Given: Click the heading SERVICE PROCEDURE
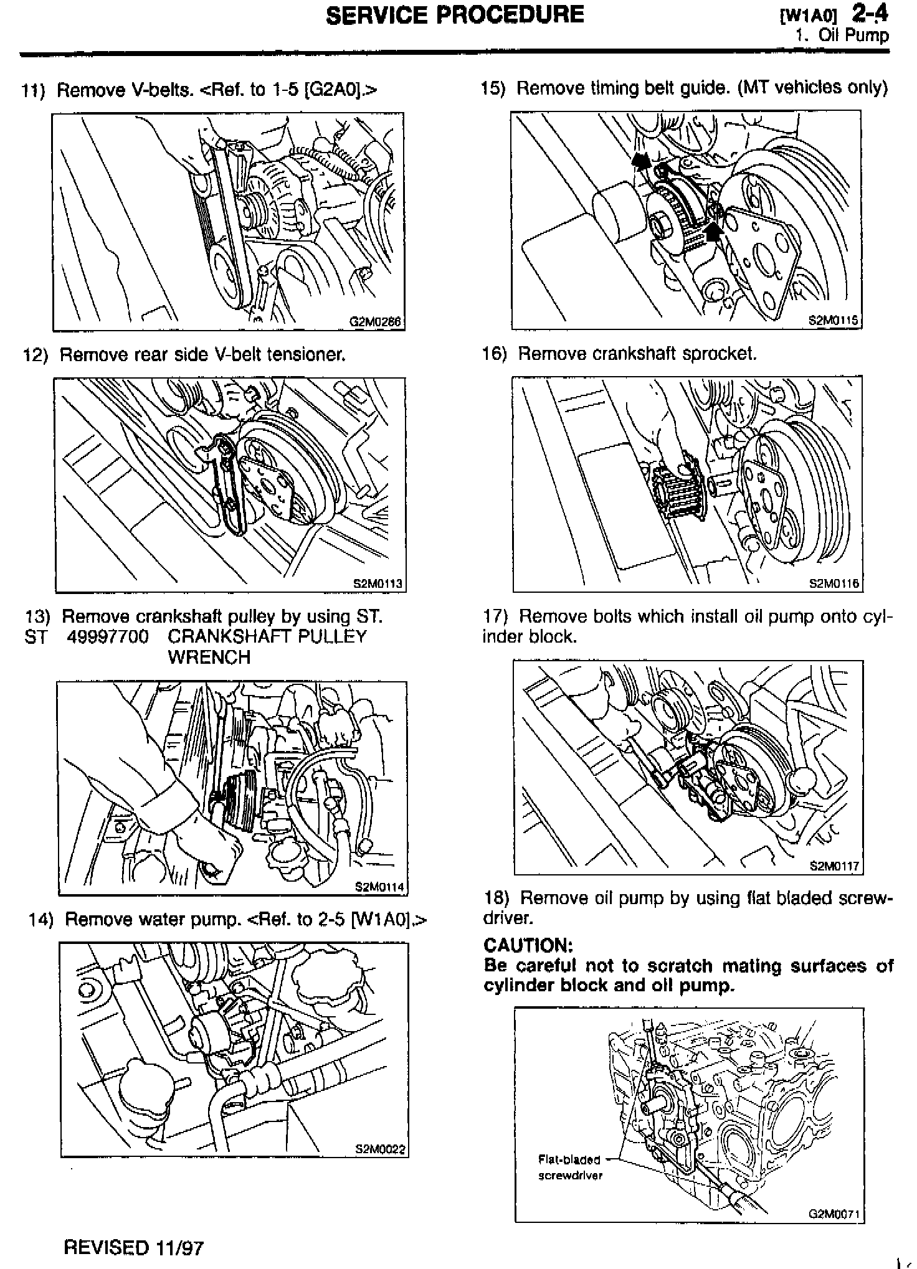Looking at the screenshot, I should (455, 14).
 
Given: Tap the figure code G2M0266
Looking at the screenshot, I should (375, 323).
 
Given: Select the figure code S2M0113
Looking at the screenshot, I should (378, 584).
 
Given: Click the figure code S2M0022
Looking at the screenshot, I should (380, 1149).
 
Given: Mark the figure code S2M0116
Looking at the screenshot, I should (835, 583).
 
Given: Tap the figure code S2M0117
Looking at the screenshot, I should (835, 866).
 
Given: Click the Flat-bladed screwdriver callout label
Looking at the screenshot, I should (569, 1168).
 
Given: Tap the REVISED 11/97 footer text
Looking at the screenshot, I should (134, 1247).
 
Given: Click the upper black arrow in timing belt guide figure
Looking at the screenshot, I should (639, 161).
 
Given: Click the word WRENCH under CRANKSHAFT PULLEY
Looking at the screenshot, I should (209, 658).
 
